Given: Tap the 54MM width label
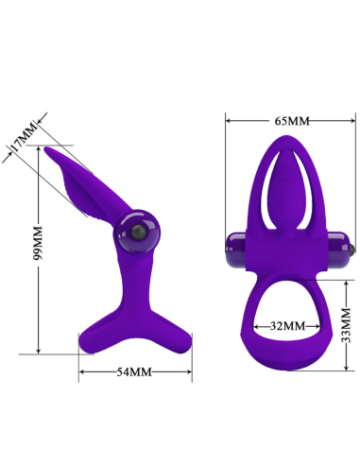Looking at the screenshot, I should point(134,371).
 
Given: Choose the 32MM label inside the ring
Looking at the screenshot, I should point(287,325).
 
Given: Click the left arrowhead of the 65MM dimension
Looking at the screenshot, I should point(228,121).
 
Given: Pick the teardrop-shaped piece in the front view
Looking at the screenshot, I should point(286,188).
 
